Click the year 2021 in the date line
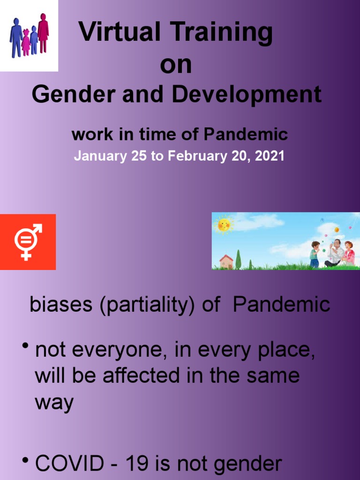coord(270,156)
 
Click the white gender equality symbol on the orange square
coord(27,241)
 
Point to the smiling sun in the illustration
coord(224,225)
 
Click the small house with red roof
coord(226,261)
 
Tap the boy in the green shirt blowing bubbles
coord(315,254)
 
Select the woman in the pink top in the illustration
coord(349,253)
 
